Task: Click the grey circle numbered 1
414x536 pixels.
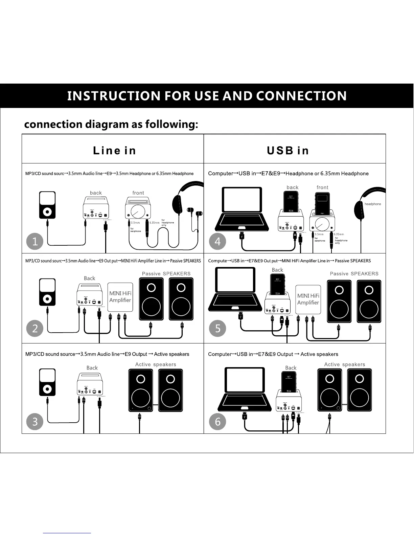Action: [x=35, y=242]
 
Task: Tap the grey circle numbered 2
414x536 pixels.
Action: [x=35, y=328]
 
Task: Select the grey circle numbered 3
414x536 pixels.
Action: [x=35, y=422]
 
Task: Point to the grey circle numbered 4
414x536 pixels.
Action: [x=217, y=242]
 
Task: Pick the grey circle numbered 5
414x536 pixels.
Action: [x=217, y=328]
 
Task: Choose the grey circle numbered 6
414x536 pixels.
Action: [x=217, y=422]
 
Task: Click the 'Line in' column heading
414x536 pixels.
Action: [x=114, y=150]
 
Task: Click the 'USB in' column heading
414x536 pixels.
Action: [x=288, y=150]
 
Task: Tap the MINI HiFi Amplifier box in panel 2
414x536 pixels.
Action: [x=120, y=297]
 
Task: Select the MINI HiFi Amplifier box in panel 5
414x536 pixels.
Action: [x=308, y=299]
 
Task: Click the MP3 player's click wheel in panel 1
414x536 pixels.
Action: [x=47, y=212]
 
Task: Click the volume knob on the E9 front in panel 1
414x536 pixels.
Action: [x=138, y=212]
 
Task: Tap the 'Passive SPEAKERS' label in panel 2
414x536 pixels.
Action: [x=166, y=273]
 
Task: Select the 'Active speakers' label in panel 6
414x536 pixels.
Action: [x=344, y=364]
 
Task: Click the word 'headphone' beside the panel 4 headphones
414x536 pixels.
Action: [x=372, y=204]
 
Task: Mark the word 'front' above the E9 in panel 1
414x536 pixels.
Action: [x=138, y=193]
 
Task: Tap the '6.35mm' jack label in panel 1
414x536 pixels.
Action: [x=154, y=223]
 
